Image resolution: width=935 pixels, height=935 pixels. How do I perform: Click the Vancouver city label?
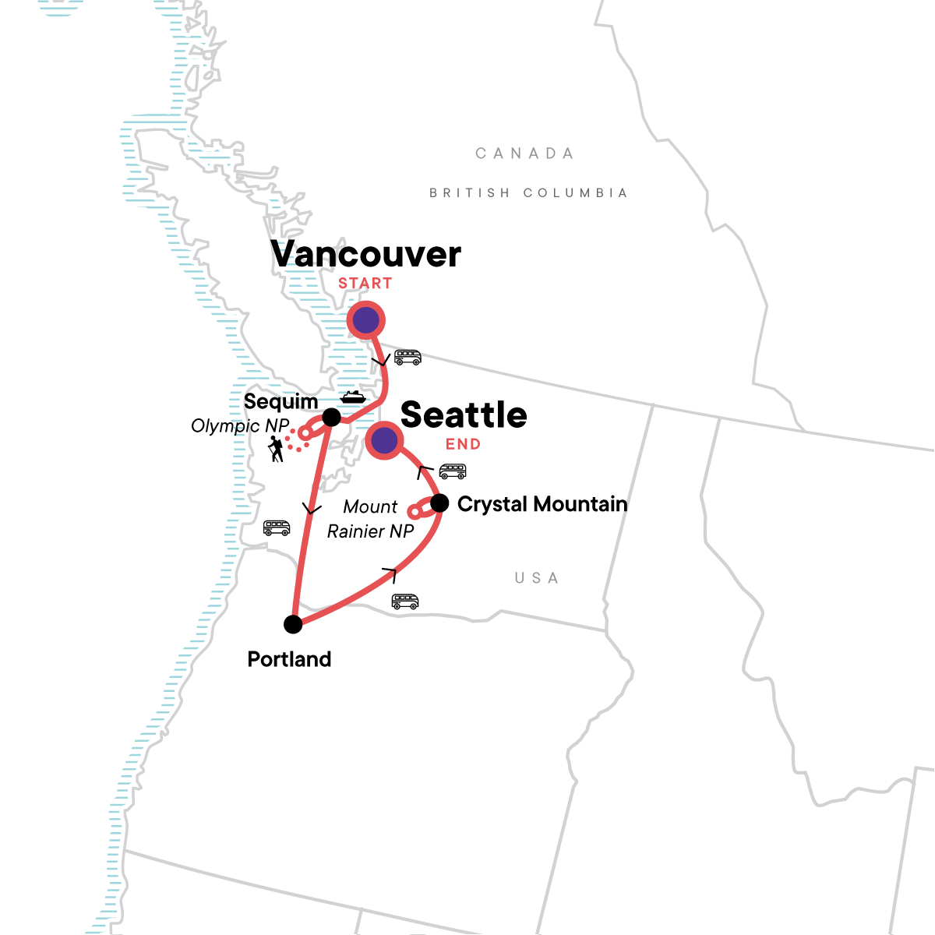[365, 255]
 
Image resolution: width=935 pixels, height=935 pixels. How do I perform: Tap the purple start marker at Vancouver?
[365, 319]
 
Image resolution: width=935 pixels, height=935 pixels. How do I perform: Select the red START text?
[365, 284]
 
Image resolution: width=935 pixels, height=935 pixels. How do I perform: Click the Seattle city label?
[464, 415]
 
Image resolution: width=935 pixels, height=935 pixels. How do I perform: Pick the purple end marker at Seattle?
[384, 440]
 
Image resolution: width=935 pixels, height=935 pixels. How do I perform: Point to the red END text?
[463, 444]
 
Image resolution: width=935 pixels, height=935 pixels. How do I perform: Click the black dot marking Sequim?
[331, 416]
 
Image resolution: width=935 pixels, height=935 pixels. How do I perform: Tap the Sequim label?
[280, 402]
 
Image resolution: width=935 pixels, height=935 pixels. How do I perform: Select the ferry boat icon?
[353, 397]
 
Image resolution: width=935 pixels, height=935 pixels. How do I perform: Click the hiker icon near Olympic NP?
[275, 449]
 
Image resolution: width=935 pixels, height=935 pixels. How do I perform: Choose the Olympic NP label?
[240, 426]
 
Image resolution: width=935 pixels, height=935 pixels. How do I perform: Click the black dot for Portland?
[293, 624]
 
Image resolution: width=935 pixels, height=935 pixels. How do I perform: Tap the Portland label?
[289, 659]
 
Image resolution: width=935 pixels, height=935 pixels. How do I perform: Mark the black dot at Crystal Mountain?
[439, 503]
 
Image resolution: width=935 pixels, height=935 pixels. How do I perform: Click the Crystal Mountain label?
[542, 504]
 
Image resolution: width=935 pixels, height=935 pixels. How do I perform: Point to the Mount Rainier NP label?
[370, 519]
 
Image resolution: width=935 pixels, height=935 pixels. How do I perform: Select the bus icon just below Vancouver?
[408, 358]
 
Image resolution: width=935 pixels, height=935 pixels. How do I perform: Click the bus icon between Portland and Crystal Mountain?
[405, 602]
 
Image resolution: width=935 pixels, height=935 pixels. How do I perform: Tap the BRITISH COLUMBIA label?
[528, 192]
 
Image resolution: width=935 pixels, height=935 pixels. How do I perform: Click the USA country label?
[537, 578]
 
